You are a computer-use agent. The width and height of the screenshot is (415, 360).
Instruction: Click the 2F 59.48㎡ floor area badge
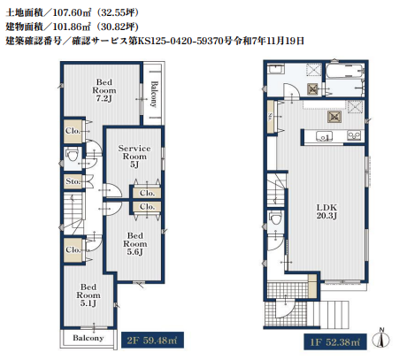[152, 340]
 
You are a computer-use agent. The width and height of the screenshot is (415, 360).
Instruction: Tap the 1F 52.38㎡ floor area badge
[335, 342]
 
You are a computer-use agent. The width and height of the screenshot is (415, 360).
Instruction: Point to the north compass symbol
[380, 338]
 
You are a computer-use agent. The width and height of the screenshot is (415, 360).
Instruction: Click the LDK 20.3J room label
[327, 211]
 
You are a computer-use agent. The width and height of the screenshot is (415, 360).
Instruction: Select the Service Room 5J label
[134, 157]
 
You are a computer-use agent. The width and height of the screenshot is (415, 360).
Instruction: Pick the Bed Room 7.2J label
[104, 90]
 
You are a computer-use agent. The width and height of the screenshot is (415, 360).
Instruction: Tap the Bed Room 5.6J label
[135, 244]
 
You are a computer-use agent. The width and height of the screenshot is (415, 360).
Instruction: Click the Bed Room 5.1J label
[88, 295]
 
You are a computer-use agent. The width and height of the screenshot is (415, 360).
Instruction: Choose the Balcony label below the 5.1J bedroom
[88, 338]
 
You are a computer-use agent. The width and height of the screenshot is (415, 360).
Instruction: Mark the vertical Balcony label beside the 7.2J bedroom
[154, 94]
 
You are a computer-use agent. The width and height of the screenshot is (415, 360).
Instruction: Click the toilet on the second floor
[73, 156]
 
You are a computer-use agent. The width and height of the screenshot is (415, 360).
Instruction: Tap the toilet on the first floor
[276, 219]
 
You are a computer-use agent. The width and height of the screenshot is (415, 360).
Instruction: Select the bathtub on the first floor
[344, 71]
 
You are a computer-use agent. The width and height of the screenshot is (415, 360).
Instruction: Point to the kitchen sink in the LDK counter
[324, 136]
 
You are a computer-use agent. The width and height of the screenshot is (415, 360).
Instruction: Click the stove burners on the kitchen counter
[354, 135]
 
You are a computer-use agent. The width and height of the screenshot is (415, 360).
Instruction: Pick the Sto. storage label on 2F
[73, 181]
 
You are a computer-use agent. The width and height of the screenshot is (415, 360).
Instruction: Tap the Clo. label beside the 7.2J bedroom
[73, 131]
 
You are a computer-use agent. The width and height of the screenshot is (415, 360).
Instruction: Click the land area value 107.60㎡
[72, 12]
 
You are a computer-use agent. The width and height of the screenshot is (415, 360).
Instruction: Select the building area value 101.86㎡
[72, 27]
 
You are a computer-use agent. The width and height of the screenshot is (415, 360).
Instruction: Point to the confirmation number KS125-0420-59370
[181, 41]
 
